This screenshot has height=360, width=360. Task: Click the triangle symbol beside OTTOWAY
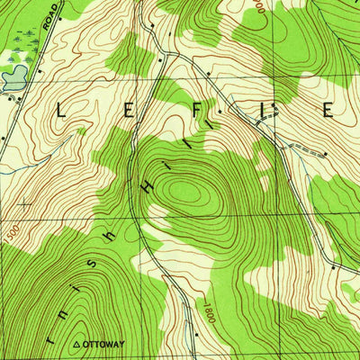click(x=76, y=343)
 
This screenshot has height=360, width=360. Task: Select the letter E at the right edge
click(x=328, y=111)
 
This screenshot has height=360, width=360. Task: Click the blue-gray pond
click(x=12, y=79)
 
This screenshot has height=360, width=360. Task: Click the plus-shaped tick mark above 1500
click(x=23, y=205)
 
